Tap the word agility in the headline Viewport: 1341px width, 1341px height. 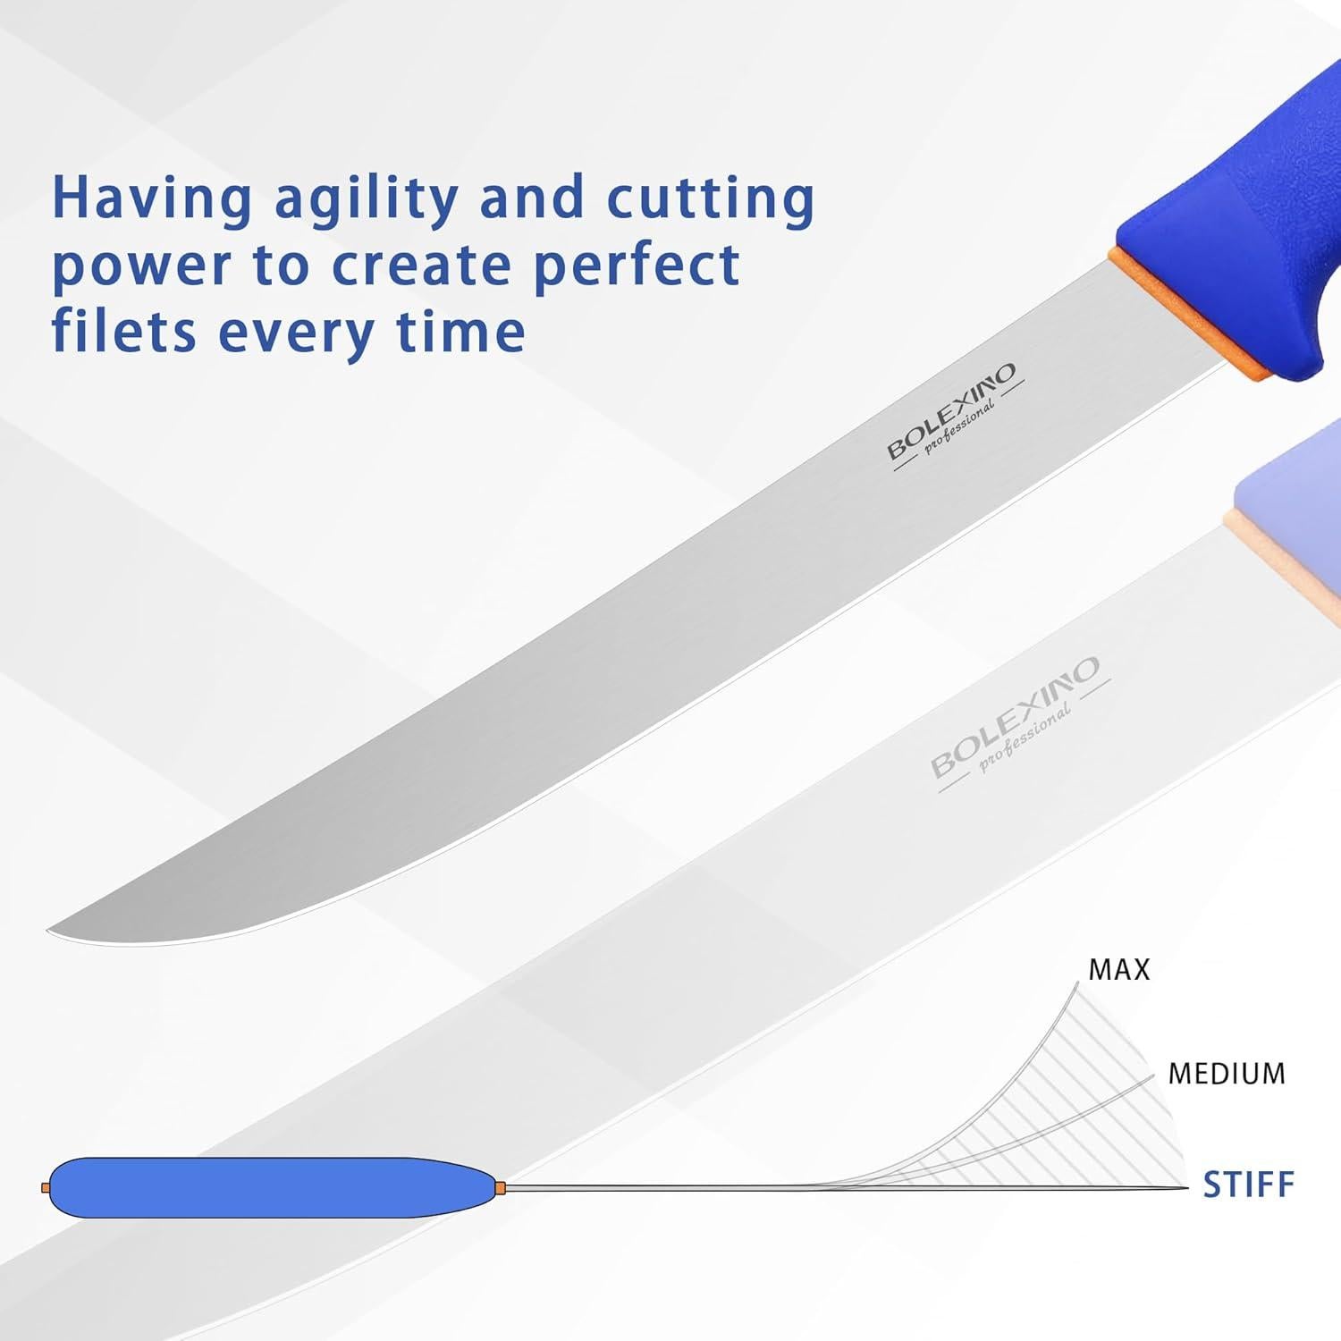pyautogui.click(x=367, y=199)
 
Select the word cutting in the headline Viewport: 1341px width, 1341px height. pyautogui.click(x=711, y=199)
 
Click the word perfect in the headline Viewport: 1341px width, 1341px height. pyautogui.click(x=637, y=266)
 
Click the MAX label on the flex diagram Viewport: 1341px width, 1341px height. pyautogui.click(x=1118, y=969)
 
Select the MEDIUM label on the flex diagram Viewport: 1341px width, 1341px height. pyautogui.click(x=1227, y=1073)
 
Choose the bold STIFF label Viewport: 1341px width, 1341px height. pyautogui.click(x=1248, y=1185)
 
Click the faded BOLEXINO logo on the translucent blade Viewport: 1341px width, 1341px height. pyautogui.click(x=1016, y=715)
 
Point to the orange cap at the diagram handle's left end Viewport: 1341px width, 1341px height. pyautogui.click(x=45, y=1187)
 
